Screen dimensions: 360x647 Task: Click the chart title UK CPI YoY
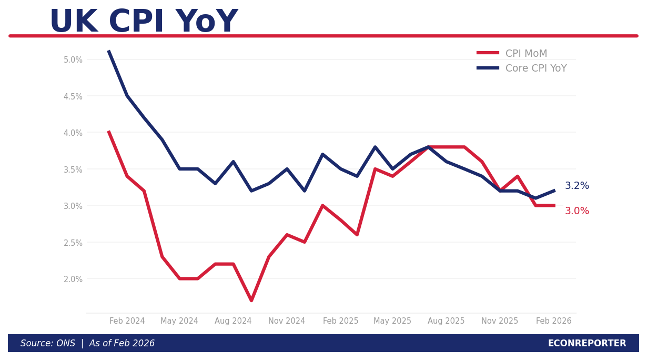[x=143, y=22]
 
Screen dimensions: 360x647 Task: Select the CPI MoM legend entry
[x=526, y=54]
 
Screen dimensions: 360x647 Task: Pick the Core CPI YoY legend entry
[x=535, y=68]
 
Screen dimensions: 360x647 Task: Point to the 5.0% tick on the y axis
[x=73, y=60]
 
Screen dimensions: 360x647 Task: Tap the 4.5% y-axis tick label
[x=73, y=96]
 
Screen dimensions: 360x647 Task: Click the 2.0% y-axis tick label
[x=73, y=279]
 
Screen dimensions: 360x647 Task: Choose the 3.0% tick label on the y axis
[x=73, y=206]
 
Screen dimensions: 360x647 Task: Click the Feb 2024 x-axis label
[x=127, y=321]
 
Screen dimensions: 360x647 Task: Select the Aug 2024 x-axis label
[x=233, y=321]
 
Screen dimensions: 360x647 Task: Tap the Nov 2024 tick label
[x=287, y=321]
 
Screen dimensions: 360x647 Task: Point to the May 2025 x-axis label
[x=392, y=321]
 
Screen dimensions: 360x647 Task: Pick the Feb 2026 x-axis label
[x=553, y=321]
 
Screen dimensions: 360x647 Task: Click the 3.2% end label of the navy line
[x=577, y=186]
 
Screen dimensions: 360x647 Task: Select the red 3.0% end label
[x=577, y=211]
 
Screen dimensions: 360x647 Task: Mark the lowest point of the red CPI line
[x=251, y=301]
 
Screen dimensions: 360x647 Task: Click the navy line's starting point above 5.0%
[x=109, y=51]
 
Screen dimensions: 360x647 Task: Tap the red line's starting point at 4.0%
[x=109, y=132]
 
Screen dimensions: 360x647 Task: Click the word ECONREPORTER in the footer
[x=587, y=343]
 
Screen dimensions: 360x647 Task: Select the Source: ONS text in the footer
[x=48, y=343]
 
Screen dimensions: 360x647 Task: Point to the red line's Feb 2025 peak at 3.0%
[x=322, y=206]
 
